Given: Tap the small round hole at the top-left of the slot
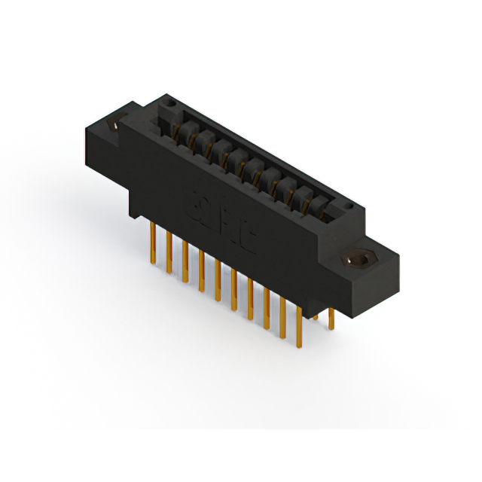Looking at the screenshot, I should coord(171,102).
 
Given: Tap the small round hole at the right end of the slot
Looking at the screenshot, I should coord(348,206).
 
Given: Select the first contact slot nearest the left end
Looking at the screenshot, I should coord(181,128).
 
